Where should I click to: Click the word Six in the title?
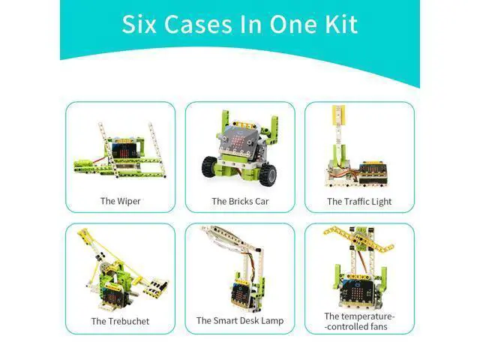[x=139, y=24]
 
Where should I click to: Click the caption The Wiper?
[x=120, y=201]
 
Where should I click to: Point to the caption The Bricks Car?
[x=240, y=202]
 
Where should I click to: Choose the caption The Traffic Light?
[x=359, y=202]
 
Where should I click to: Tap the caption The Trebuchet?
[x=120, y=321]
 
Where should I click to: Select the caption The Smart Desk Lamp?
[x=240, y=321]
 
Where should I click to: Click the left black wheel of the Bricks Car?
[x=210, y=166]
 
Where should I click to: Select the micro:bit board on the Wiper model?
[x=124, y=151]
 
